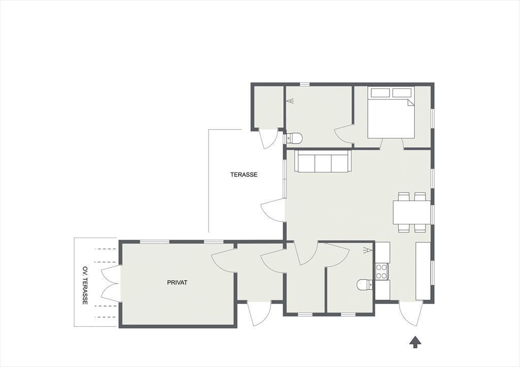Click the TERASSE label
[x=244, y=175]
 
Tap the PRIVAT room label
[x=177, y=282]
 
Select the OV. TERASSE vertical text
[x=85, y=285]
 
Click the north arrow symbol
[x=415, y=342]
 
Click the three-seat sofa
[x=323, y=161]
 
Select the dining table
[x=411, y=212]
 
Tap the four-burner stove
[x=382, y=271]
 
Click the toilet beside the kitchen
[x=365, y=285]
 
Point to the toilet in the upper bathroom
[x=294, y=138]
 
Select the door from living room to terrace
[x=273, y=211]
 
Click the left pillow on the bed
[x=380, y=92]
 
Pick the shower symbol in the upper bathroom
[x=291, y=101]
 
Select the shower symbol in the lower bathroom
[x=367, y=250]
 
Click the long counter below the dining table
[x=423, y=271]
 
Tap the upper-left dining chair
[x=403, y=196]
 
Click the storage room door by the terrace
[x=268, y=139]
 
